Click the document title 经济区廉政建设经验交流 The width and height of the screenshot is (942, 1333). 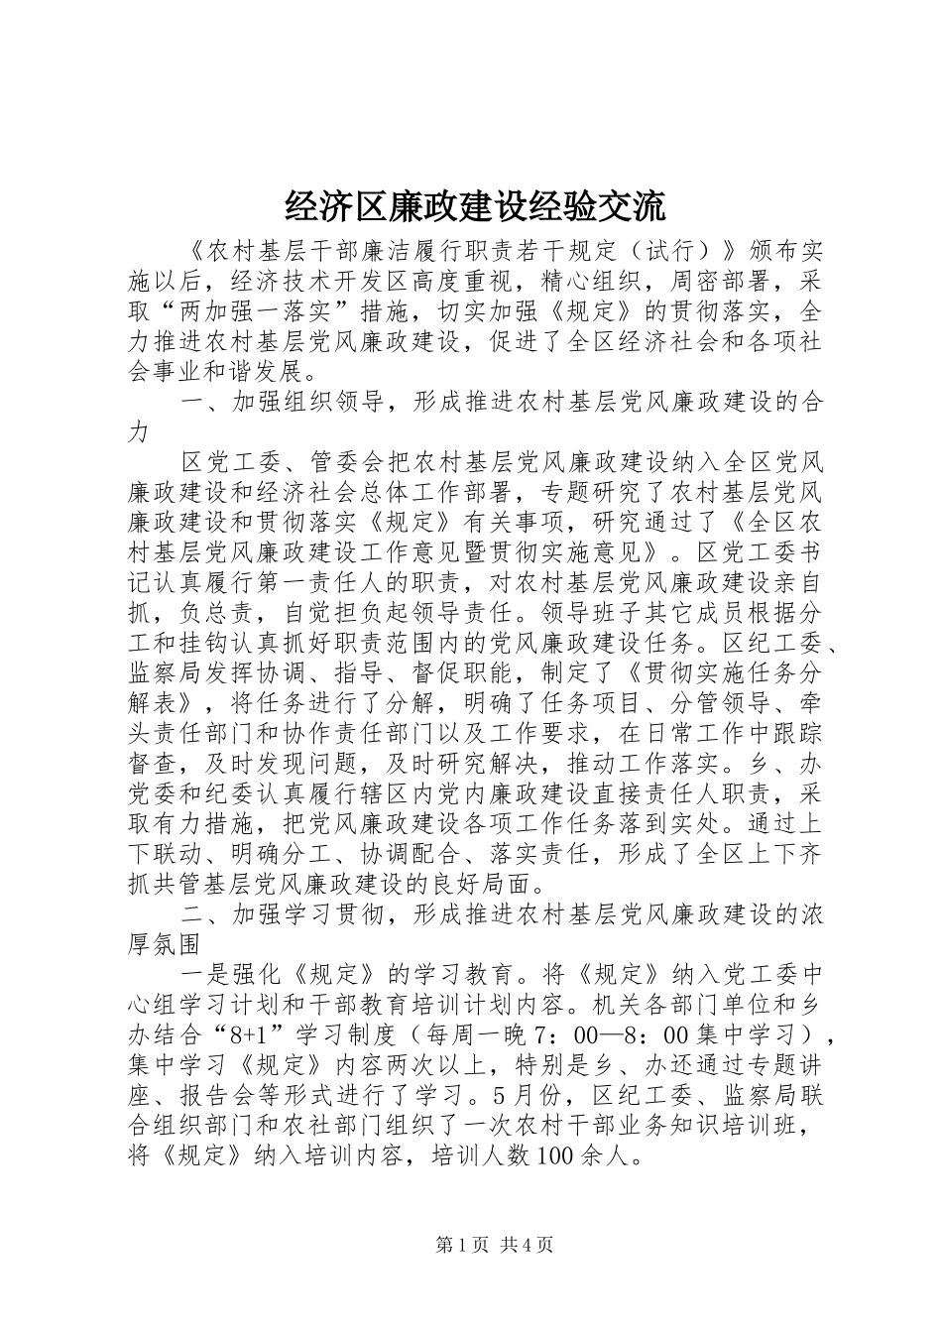pos(471,206)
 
